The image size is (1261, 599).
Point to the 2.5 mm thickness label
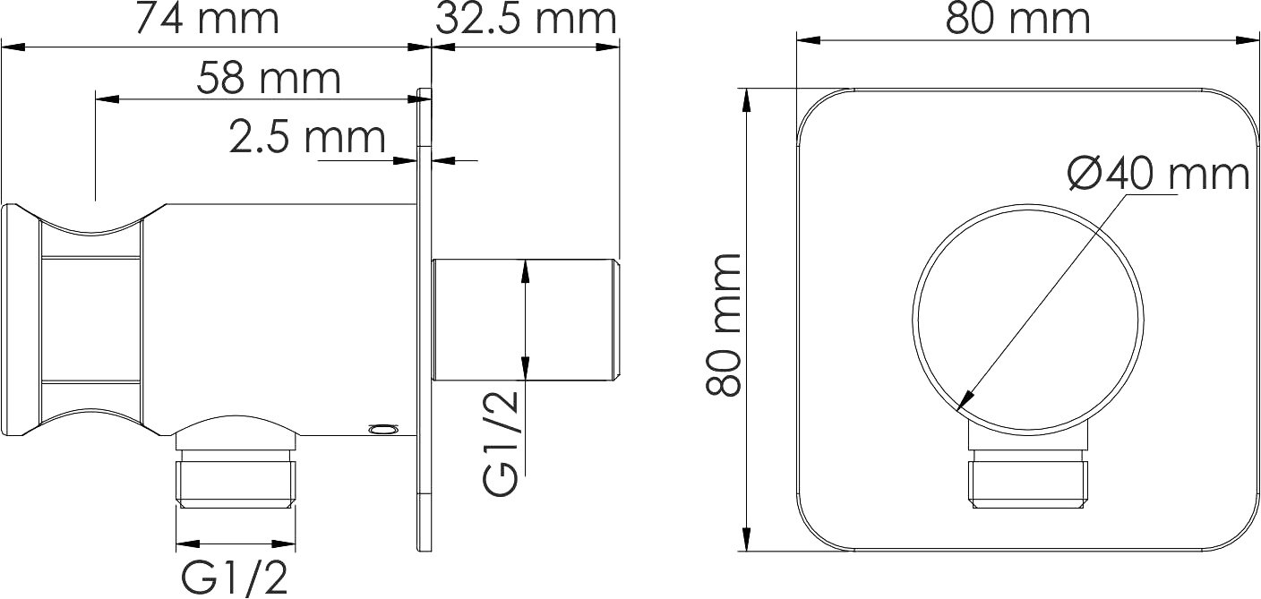pos(307,137)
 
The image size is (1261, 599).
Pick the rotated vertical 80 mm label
pos(724,325)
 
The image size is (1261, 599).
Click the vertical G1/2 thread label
pos(500,442)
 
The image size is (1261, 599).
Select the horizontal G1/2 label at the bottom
pos(235,578)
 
